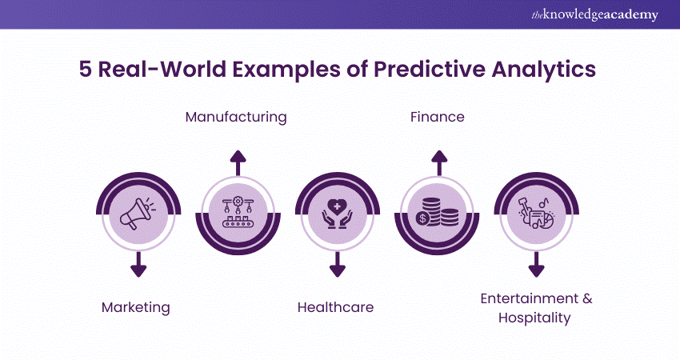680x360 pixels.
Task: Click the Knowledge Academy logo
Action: pyautogui.click(x=594, y=14)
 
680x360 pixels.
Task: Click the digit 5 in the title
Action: pyautogui.click(x=86, y=70)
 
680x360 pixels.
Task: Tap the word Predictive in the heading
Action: pyautogui.click(x=430, y=70)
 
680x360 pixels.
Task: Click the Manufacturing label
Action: pyautogui.click(x=236, y=117)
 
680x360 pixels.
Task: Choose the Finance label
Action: pyautogui.click(x=437, y=117)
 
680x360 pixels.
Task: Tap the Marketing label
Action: pyautogui.click(x=136, y=307)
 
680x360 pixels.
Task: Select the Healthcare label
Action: pyautogui.click(x=335, y=307)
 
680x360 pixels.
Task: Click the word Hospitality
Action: pyautogui.click(x=534, y=318)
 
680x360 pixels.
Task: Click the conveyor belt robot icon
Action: pyautogui.click(x=238, y=212)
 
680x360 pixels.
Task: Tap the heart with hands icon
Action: pyautogui.click(x=337, y=214)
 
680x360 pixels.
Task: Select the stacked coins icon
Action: pyautogui.click(x=437, y=212)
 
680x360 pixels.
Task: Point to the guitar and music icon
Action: pyautogui.click(x=536, y=214)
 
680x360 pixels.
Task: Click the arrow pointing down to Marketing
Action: pyautogui.click(x=138, y=264)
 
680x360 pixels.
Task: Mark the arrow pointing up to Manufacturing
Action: pyautogui.click(x=238, y=163)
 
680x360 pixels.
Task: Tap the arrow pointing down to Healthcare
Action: pyautogui.click(x=338, y=264)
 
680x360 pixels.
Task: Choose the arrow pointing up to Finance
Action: pyautogui.click(x=439, y=163)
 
